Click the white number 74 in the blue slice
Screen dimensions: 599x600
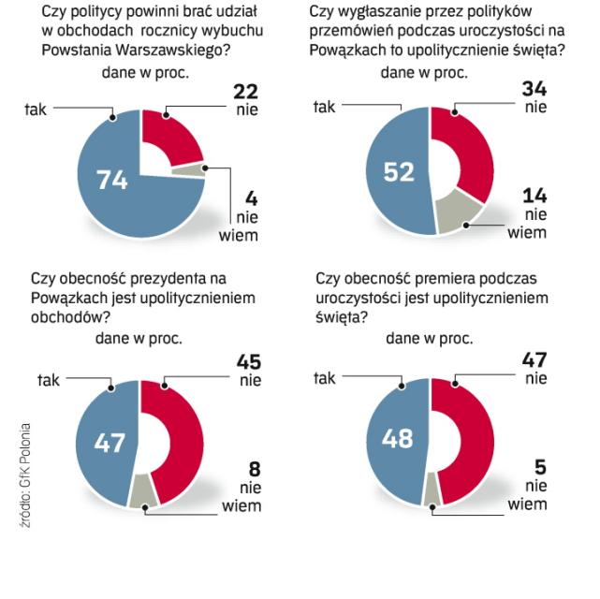coord(111,181)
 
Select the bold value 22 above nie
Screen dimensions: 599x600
coord(245,91)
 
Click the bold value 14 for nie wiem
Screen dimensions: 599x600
coord(534,196)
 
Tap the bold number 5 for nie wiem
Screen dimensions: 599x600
coord(540,466)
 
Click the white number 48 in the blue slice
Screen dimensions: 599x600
coord(398,438)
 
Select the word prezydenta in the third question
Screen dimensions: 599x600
coord(160,278)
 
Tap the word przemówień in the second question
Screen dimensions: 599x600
coord(350,31)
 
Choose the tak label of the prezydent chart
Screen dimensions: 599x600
coord(48,379)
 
